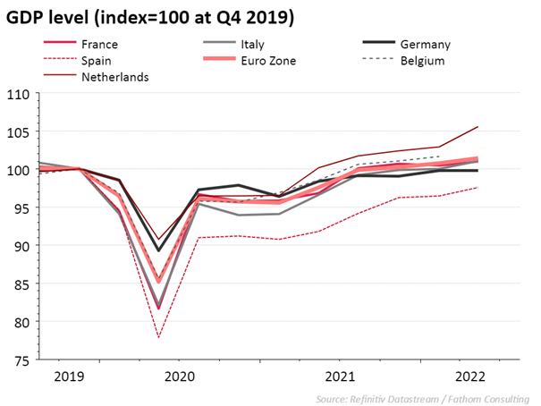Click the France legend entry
[98, 44]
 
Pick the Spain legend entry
[97, 61]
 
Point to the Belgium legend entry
[423, 61]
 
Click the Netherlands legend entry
[114, 77]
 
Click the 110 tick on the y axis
[19, 94]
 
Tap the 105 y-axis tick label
[19, 132]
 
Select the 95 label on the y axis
[21, 208]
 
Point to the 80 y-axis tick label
[21, 322]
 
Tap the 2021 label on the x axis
[341, 376]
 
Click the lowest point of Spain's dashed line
[159, 338]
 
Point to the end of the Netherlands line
[478, 127]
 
